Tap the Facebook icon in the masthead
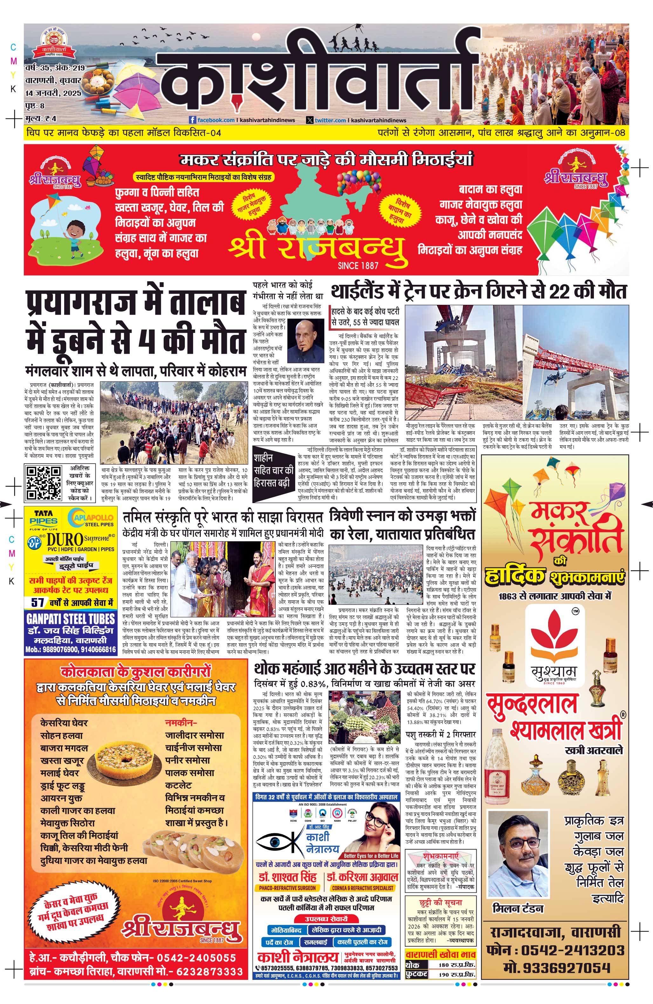(193, 120)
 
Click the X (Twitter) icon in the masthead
(310, 120)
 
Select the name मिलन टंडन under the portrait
(518, 908)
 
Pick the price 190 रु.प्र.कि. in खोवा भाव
(457, 974)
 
